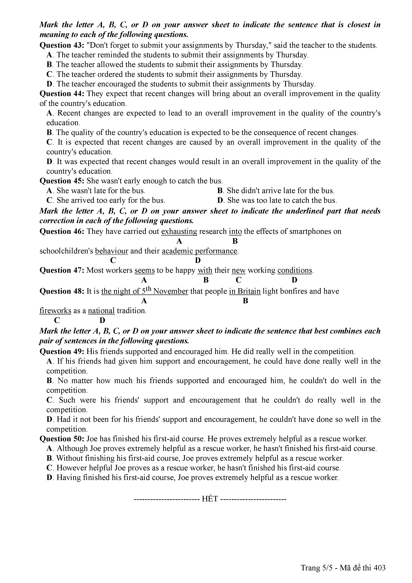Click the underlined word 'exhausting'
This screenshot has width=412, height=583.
click(x=179, y=231)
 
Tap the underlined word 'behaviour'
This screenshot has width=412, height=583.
click(x=112, y=251)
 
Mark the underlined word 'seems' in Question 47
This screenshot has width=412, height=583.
click(x=144, y=270)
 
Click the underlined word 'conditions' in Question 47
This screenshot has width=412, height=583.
click(x=295, y=270)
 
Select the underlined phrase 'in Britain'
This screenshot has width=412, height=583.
click(x=245, y=291)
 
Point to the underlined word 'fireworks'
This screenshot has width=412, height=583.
click(x=55, y=311)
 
